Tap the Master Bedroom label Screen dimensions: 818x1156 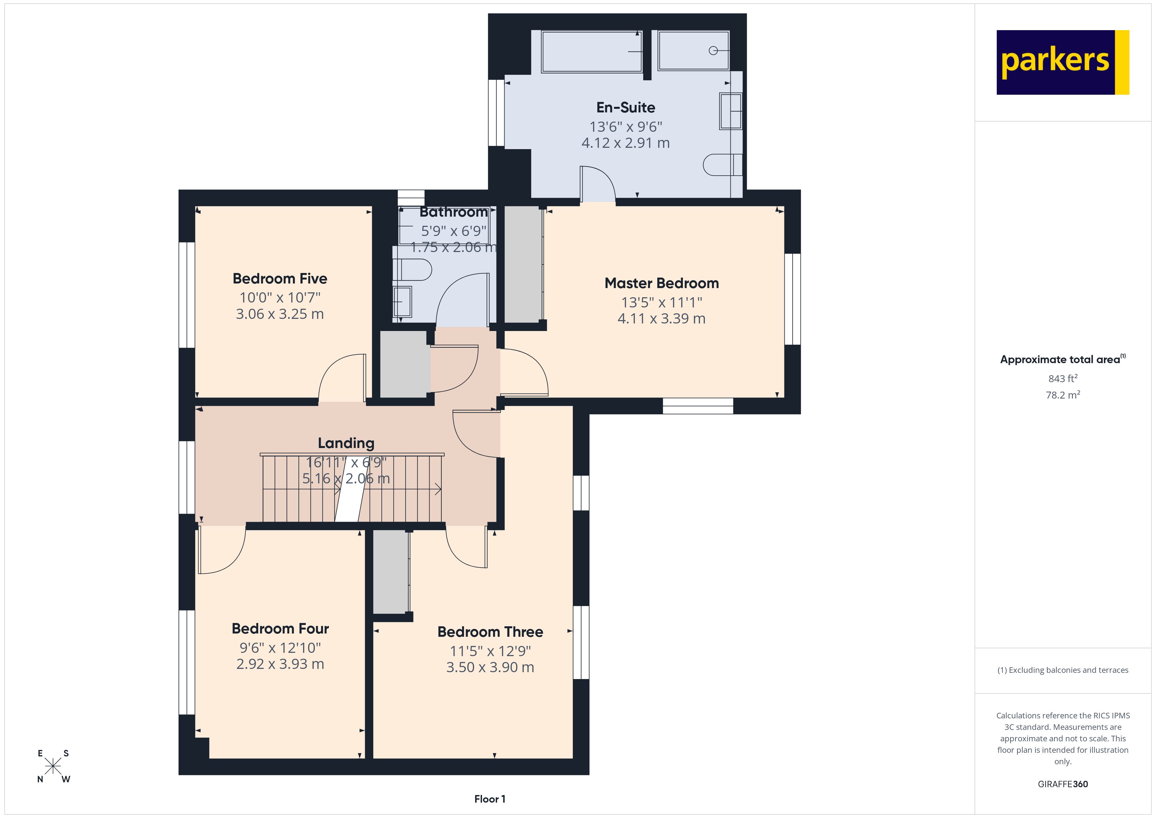click(x=661, y=283)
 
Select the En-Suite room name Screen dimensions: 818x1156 click(x=625, y=107)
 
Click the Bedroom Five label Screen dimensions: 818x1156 click(x=279, y=279)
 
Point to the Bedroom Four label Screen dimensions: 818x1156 click(x=279, y=629)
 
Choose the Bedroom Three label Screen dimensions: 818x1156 click(x=490, y=632)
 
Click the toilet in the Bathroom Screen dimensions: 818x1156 click(x=414, y=269)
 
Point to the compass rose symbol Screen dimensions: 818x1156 click(x=53, y=766)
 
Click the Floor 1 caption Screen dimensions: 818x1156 click(x=490, y=799)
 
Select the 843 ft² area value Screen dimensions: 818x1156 click(x=1062, y=378)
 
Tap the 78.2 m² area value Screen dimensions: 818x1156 click(x=1062, y=395)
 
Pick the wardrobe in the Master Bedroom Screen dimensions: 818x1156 click(x=523, y=264)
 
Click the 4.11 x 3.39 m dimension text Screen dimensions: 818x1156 click(x=661, y=318)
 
